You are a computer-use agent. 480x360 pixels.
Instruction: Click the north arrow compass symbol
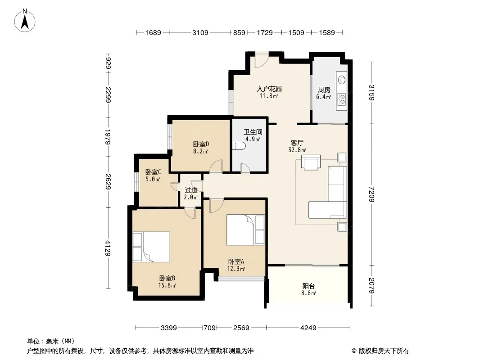[25, 21]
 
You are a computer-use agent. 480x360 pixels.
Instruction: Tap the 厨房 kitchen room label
[324, 90]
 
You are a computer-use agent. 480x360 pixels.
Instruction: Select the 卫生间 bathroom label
[253, 132]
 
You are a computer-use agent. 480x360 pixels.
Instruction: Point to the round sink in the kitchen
[342, 80]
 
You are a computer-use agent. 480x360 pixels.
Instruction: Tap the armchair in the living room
[311, 162]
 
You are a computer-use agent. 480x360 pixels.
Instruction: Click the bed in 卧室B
[151, 247]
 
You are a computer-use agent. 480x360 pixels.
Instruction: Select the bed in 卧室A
[245, 229]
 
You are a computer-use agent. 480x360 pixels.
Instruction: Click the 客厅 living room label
[297, 143]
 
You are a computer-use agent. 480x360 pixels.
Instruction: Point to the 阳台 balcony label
[308, 286]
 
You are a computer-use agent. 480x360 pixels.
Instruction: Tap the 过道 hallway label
[191, 190]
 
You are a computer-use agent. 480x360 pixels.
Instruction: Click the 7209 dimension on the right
[371, 194]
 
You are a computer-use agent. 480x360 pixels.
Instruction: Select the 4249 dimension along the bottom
[308, 328]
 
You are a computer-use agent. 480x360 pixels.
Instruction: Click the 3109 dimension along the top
[200, 32]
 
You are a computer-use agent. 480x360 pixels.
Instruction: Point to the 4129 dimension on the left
[108, 248]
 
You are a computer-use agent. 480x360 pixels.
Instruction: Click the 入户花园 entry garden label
[269, 89]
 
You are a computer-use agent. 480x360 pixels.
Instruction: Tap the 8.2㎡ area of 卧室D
[201, 151]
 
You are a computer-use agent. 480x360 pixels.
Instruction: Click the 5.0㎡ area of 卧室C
[153, 179]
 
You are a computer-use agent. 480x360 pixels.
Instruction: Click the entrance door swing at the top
[262, 60]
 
